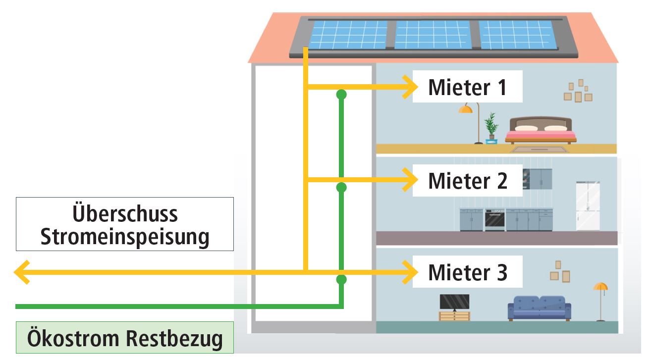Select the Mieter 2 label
click(x=467, y=180)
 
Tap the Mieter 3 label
click(x=467, y=272)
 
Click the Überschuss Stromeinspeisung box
click(x=125, y=224)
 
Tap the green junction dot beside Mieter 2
click(x=341, y=187)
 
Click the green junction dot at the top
click(x=341, y=94)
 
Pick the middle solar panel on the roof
click(x=433, y=35)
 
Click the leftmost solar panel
click(x=349, y=35)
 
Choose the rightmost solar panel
click(x=517, y=35)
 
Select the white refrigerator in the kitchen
click(x=588, y=206)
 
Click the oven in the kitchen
click(x=494, y=219)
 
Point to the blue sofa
click(x=539, y=308)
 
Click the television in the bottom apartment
click(x=454, y=303)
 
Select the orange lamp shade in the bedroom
click(x=465, y=109)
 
